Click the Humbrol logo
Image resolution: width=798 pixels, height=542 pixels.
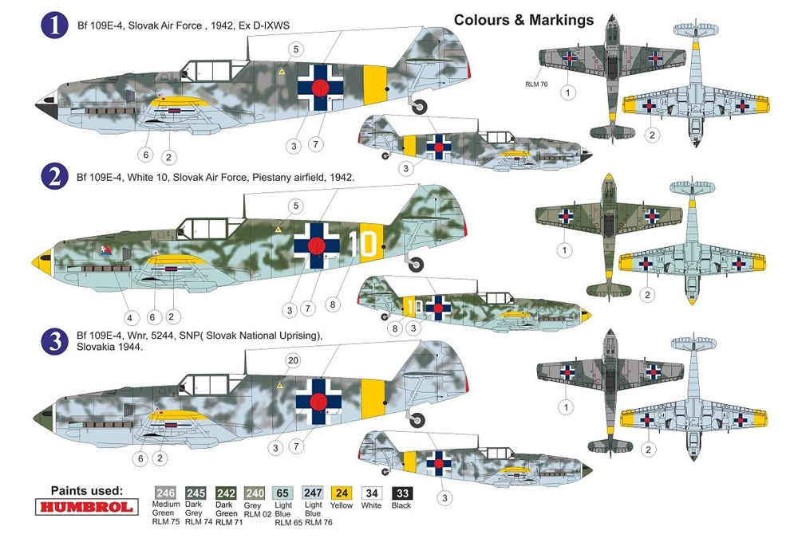86,507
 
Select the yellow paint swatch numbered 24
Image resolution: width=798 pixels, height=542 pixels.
342,493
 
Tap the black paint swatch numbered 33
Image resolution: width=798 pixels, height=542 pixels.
402,493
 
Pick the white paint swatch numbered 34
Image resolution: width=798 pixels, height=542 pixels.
372,493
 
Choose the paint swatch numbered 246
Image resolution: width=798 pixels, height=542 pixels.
165,493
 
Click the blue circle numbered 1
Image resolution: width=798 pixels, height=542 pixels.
54,26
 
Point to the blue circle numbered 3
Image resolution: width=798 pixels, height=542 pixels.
54,341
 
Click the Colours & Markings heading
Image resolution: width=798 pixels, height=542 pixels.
523,20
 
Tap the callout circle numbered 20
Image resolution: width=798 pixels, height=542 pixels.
293,360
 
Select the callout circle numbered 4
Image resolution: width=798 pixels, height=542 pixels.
130,318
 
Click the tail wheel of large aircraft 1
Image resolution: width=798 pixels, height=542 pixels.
420,107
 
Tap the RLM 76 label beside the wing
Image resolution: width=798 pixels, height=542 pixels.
536,84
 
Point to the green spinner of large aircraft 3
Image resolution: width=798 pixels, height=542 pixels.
44,418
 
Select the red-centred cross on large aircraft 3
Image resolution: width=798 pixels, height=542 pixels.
318,402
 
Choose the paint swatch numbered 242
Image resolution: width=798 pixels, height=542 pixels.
226,493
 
